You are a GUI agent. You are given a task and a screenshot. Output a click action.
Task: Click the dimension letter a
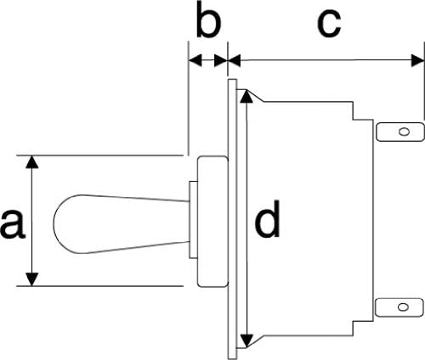pos(13,222)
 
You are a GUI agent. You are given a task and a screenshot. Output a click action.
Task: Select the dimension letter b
pos(208,20)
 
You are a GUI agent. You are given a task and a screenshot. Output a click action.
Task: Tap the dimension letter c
pos(329,24)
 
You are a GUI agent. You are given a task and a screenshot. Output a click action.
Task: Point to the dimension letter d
pos(267,218)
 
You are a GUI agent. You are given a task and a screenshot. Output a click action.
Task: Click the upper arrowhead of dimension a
pos(32,162)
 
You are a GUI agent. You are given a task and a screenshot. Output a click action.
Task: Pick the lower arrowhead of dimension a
pos(32,279)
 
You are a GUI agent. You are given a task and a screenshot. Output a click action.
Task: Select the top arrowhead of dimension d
pos(247,96)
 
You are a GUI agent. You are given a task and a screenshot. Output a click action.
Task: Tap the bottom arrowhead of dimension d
pos(247,340)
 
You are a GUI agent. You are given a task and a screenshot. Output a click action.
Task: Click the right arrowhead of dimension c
pos(418,60)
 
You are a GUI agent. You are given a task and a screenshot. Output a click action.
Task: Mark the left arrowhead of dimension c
pos(234,60)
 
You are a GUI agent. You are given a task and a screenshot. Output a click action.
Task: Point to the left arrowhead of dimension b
pos(195,60)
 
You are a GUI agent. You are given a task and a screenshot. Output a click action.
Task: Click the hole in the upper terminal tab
pos(403,132)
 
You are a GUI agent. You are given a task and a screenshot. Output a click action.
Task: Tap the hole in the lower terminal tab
pos(402,307)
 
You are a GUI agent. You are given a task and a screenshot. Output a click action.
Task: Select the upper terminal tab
pos(399,132)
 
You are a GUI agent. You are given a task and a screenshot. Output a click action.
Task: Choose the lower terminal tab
pos(399,307)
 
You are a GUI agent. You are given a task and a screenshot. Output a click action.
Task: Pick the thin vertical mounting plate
pos(232,219)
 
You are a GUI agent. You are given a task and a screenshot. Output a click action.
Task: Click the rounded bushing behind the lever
pos(212,222)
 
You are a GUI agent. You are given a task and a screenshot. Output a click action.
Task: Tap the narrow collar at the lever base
pos(193,220)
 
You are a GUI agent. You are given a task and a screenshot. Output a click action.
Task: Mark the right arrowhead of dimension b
pos(221,60)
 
